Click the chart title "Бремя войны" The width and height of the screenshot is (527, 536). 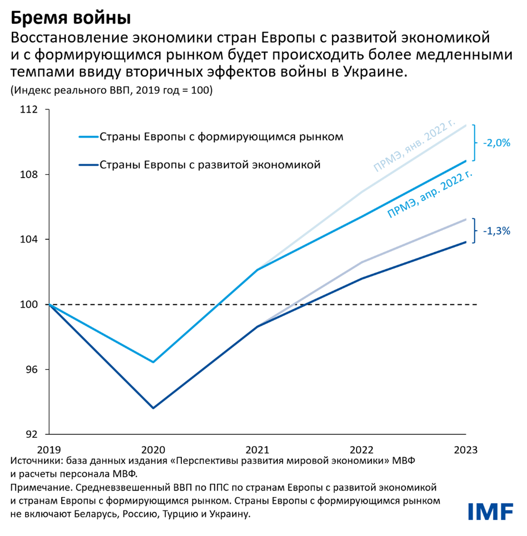70,18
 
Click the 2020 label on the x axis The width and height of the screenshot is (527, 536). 153,450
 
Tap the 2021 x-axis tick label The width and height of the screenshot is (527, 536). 257,450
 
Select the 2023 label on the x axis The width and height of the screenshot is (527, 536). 465,450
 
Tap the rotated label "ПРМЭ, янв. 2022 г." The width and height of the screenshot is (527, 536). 414,147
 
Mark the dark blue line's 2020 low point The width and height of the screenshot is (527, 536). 153,408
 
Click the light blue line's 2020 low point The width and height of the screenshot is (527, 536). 153,362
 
